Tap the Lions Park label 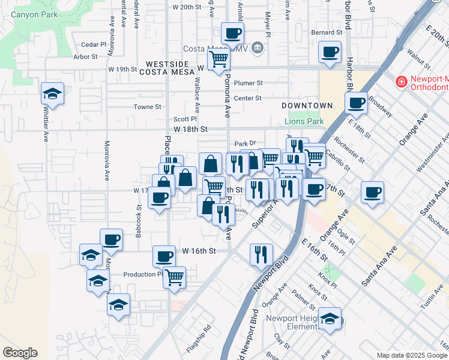click(x=304, y=121)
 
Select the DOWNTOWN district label click(x=307, y=106)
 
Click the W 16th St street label click(x=199, y=251)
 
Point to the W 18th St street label click(x=190, y=129)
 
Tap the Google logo click(x=20, y=353)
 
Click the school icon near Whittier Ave click(x=53, y=94)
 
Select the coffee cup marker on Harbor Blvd click(x=357, y=103)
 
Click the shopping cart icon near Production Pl click(x=174, y=277)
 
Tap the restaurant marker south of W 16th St click(x=261, y=254)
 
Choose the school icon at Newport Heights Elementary click(x=330, y=319)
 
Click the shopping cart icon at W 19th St click(x=219, y=59)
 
